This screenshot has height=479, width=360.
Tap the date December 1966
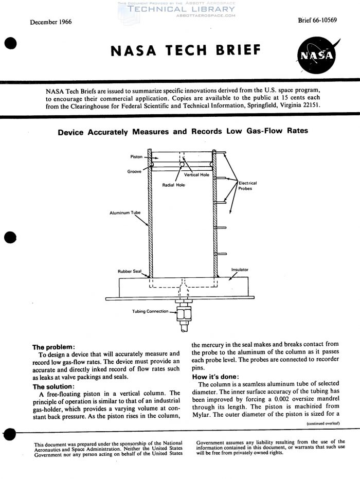pyautogui.click(x=50, y=22)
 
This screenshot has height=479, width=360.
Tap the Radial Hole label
pyautogui.click(x=173, y=185)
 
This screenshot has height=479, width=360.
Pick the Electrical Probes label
pyautogui.click(x=247, y=186)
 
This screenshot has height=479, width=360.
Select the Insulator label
pyautogui.click(x=240, y=269)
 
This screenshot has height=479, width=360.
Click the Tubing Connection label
pyautogui.click(x=150, y=311)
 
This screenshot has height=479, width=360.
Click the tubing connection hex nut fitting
pyautogui.click(x=183, y=312)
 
